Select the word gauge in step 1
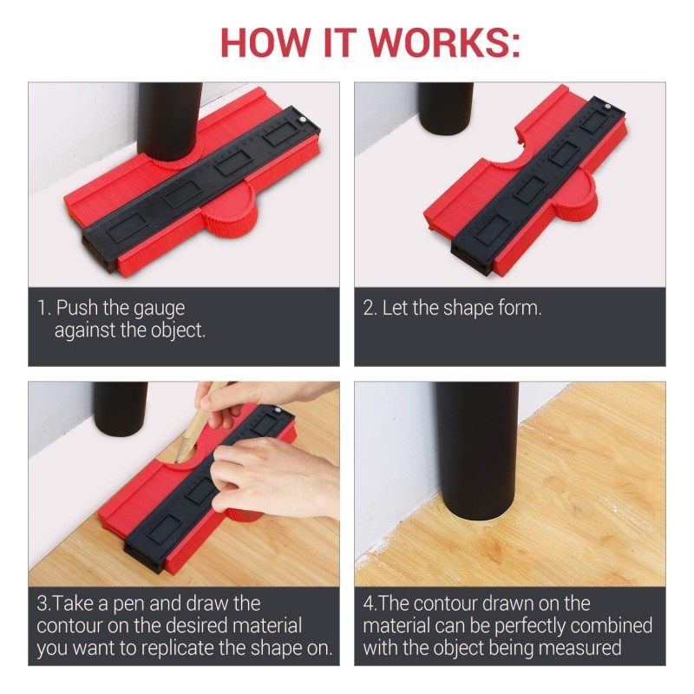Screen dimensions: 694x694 [159, 310]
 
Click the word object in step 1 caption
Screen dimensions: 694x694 [178, 331]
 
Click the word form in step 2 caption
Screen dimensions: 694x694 [520, 308]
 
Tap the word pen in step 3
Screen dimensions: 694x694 [129, 605]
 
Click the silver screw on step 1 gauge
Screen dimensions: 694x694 [303, 120]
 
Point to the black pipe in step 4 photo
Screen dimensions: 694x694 [476, 450]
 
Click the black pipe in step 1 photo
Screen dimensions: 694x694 [169, 121]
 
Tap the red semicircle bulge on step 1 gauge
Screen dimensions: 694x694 [230, 210]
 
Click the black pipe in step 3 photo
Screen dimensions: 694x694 [120, 408]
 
